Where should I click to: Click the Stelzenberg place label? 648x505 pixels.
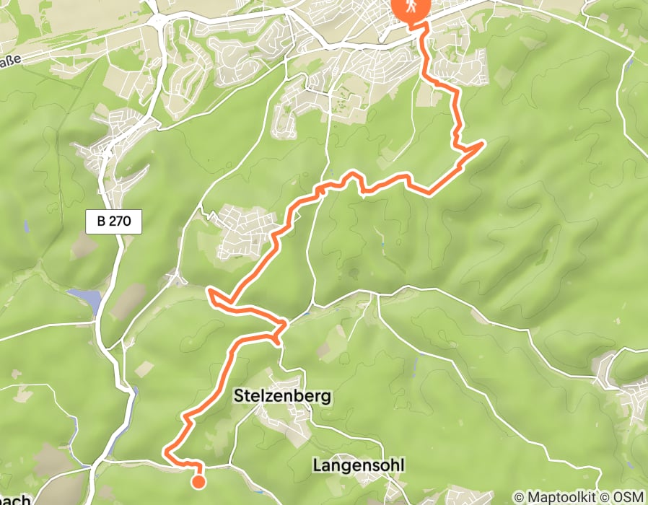282,396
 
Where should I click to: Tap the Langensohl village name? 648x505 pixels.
358,465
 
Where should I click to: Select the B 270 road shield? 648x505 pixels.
113,222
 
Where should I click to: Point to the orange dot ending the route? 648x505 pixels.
197,480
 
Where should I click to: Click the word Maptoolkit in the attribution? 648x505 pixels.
561,498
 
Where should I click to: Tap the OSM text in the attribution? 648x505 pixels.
627,498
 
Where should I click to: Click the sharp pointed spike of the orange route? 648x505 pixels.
481,144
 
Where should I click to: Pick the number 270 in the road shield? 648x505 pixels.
120,222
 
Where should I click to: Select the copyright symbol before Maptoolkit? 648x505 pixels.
518,498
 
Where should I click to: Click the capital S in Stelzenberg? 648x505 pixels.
239,396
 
